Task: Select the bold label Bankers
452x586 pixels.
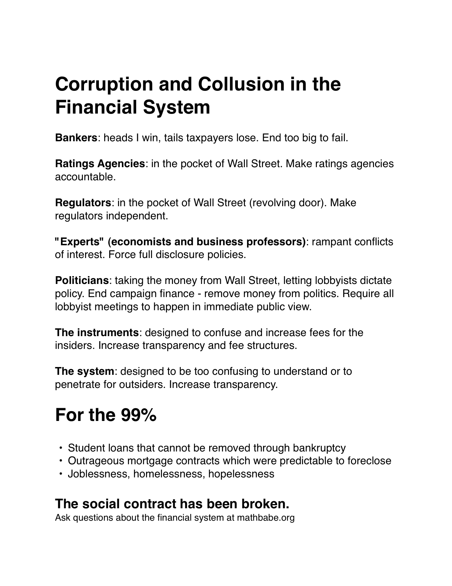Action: [x=76, y=138]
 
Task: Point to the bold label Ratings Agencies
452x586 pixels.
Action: [x=100, y=164]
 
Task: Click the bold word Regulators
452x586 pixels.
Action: [x=83, y=203]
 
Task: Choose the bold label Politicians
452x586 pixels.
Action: [x=82, y=280]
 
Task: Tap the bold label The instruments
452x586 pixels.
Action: [x=97, y=333]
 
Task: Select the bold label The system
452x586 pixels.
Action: [x=84, y=371]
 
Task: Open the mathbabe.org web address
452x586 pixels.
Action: [x=266, y=517]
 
